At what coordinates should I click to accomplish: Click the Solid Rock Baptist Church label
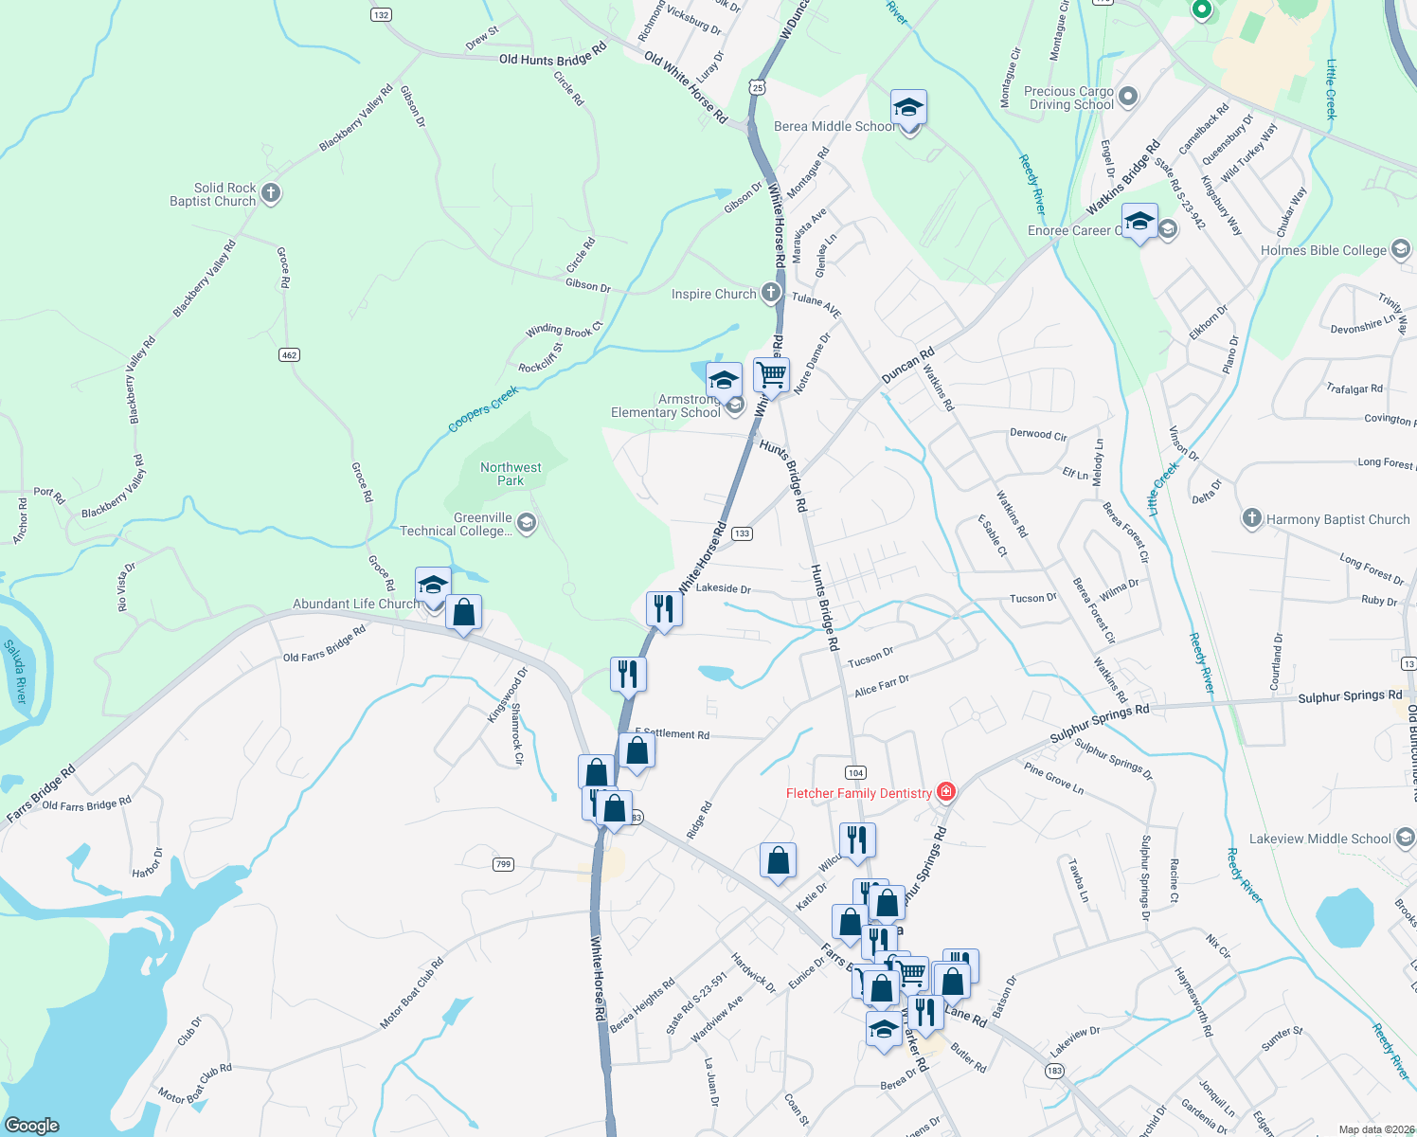(213, 195)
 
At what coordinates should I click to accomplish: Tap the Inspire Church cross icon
(771, 293)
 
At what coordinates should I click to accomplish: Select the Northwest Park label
(511, 474)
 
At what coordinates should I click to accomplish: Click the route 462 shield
(289, 355)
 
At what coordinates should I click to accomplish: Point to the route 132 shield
(381, 14)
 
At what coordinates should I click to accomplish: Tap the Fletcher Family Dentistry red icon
(944, 791)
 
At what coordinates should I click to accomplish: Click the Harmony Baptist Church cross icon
(1251, 518)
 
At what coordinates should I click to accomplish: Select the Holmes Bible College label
(1323, 251)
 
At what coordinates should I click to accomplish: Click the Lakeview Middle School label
(1319, 839)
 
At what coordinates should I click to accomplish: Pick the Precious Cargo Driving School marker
(1127, 96)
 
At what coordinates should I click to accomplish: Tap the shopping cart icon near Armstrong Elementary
(771, 374)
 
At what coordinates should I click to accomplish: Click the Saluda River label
(16, 672)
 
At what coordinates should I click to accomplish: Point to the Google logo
(32, 1126)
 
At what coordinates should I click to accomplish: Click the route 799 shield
(503, 864)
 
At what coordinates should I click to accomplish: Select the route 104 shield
(855, 772)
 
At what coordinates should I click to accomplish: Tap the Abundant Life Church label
(355, 604)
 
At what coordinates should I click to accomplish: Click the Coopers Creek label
(483, 409)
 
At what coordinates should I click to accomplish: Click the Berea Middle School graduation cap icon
(908, 108)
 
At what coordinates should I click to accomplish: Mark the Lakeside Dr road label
(723, 588)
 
